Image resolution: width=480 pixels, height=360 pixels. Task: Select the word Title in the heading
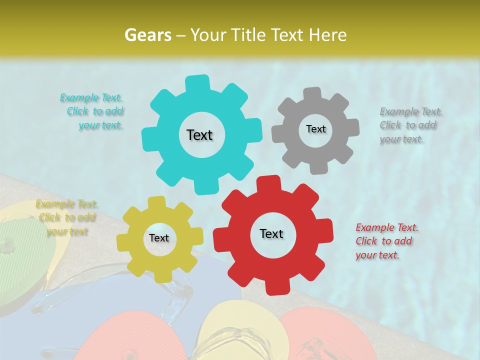click(249, 35)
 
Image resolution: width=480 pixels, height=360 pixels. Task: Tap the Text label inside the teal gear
click(199, 135)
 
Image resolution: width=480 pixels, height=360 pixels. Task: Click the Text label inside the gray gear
click(315, 129)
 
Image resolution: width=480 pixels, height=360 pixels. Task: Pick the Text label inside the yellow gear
click(159, 238)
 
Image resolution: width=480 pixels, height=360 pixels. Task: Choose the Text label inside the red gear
click(271, 233)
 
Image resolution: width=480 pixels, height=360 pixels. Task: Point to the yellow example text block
click(66, 217)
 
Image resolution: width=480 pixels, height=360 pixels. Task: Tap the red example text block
click(386, 241)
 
